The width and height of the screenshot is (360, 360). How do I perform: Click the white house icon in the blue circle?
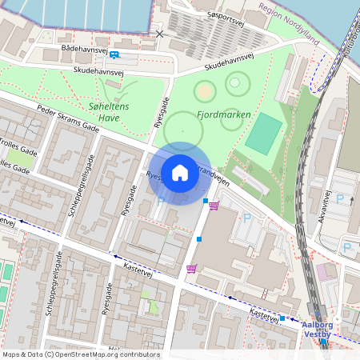pyautogui.click(x=180, y=172)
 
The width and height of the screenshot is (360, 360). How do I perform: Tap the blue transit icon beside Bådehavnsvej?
pyautogui.click(x=114, y=54)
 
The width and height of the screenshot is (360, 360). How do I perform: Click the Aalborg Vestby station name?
pyautogui.click(x=324, y=330)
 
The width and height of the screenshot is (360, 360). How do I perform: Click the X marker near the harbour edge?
pyautogui.click(x=160, y=34)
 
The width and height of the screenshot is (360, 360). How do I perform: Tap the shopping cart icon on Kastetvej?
pyautogui.click(x=191, y=269)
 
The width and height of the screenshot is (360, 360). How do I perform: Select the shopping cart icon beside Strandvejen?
pyautogui.click(x=214, y=206)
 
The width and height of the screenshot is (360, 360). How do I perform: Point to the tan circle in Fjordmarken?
pyautogui.click(x=205, y=92)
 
